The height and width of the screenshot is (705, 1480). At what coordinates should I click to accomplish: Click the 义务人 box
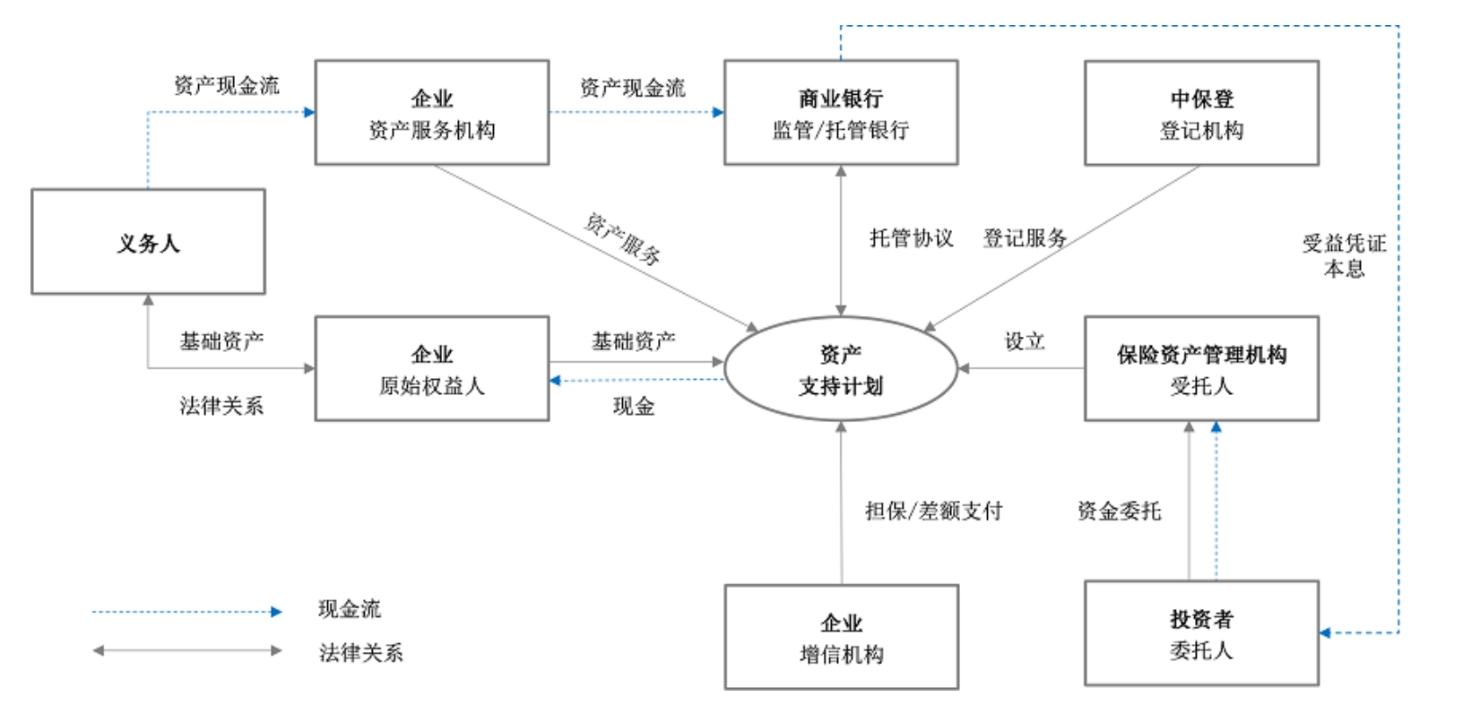[148, 242]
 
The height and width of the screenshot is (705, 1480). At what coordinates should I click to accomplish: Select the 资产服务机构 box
[431, 113]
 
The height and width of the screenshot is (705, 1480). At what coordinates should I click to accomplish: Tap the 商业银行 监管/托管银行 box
[840, 113]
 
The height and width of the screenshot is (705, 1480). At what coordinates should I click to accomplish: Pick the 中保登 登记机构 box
[1200, 113]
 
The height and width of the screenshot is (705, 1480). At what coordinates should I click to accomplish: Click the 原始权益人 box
[431, 368]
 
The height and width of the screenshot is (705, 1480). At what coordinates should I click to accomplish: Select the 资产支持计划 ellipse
[840, 369]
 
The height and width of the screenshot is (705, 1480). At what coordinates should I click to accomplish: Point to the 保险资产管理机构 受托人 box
[1200, 368]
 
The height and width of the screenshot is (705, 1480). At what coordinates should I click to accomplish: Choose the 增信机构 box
[841, 637]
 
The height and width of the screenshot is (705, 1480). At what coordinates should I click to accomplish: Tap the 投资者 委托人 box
[1200, 633]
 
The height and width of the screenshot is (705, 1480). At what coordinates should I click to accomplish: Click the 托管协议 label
[911, 238]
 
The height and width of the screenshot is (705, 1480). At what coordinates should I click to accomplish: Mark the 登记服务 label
[1025, 238]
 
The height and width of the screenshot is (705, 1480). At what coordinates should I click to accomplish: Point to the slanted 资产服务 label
[623, 239]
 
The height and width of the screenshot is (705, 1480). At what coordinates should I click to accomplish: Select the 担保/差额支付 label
[933, 511]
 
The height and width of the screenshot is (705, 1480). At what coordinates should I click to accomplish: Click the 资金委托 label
[1119, 511]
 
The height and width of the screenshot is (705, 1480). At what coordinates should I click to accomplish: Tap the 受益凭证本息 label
[1344, 255]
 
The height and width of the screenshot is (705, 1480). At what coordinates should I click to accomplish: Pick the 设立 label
[1024, 341]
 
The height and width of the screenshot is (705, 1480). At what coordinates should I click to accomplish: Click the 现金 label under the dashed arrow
[633, 406]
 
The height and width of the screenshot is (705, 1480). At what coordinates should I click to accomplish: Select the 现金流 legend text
[350, 609]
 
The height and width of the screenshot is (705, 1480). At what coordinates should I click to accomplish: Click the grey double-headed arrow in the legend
[186, 650]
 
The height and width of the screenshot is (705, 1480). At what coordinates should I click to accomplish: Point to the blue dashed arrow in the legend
[186, 612]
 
